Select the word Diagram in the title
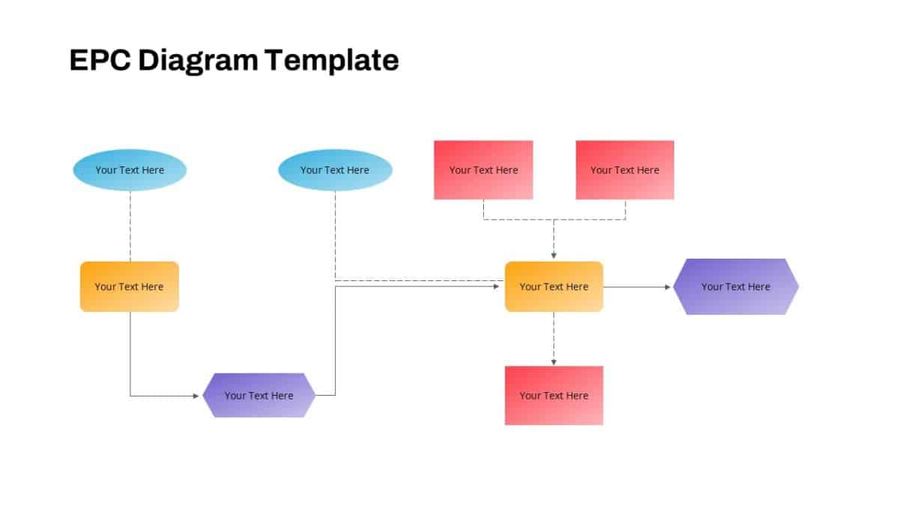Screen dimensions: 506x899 click(197, 60)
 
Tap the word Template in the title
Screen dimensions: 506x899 click(330, 60)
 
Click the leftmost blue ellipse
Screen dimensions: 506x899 click(130, 170)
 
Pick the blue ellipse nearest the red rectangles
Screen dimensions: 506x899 click(335, 170)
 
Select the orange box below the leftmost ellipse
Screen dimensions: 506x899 click(130, 286)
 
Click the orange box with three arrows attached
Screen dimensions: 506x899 click(554, 286)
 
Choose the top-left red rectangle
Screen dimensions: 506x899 click(483, 170)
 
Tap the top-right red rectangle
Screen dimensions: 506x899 click(625, 170)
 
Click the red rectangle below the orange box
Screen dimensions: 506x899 click(554, 395)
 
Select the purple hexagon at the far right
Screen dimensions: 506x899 click(736, 286)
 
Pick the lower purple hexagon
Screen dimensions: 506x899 click(258, 395)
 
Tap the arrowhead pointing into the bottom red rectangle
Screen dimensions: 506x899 click(554, 362)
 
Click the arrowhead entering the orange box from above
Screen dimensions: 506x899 click(554, 256)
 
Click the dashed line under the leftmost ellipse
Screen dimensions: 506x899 click(130, 225)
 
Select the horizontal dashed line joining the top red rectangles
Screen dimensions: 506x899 click(554, 220)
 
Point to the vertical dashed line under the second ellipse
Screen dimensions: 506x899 click(335, 232)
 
